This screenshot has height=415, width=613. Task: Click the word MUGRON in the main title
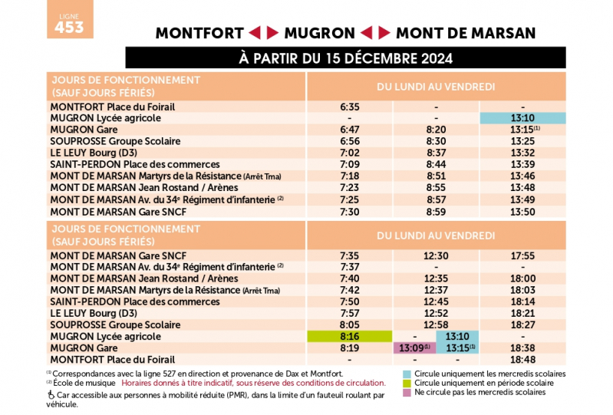point(320,33)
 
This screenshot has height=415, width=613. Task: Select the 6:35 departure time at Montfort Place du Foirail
point(350,107)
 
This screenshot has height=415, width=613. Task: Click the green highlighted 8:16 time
point(350,336)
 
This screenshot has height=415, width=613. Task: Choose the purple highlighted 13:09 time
point(414,347)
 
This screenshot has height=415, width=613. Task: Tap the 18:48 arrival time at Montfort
point(522,359)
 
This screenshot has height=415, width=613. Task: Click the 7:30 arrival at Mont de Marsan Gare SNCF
point(350,210)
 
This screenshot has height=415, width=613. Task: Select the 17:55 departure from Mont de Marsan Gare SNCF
point(522,255)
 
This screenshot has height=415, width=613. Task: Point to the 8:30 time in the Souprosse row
point(436,141)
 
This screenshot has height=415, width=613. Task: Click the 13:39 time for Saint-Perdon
point(522,164)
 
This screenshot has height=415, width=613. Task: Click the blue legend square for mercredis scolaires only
point(407,374)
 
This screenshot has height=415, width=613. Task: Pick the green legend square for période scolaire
point(407,383)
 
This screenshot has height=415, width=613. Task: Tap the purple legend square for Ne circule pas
point(407,392)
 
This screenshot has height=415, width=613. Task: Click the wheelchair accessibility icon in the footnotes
point(51,394)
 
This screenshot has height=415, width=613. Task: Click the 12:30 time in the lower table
point(436,255)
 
